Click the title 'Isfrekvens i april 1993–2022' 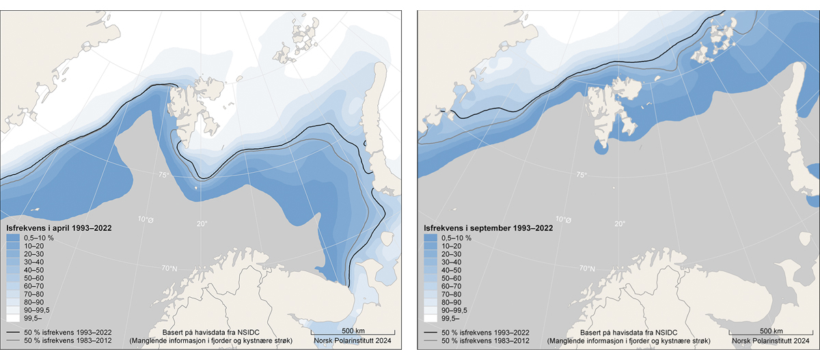(59, 225)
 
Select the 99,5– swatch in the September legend (430, 318)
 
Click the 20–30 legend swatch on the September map (430, 254)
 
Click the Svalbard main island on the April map (195, 109)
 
